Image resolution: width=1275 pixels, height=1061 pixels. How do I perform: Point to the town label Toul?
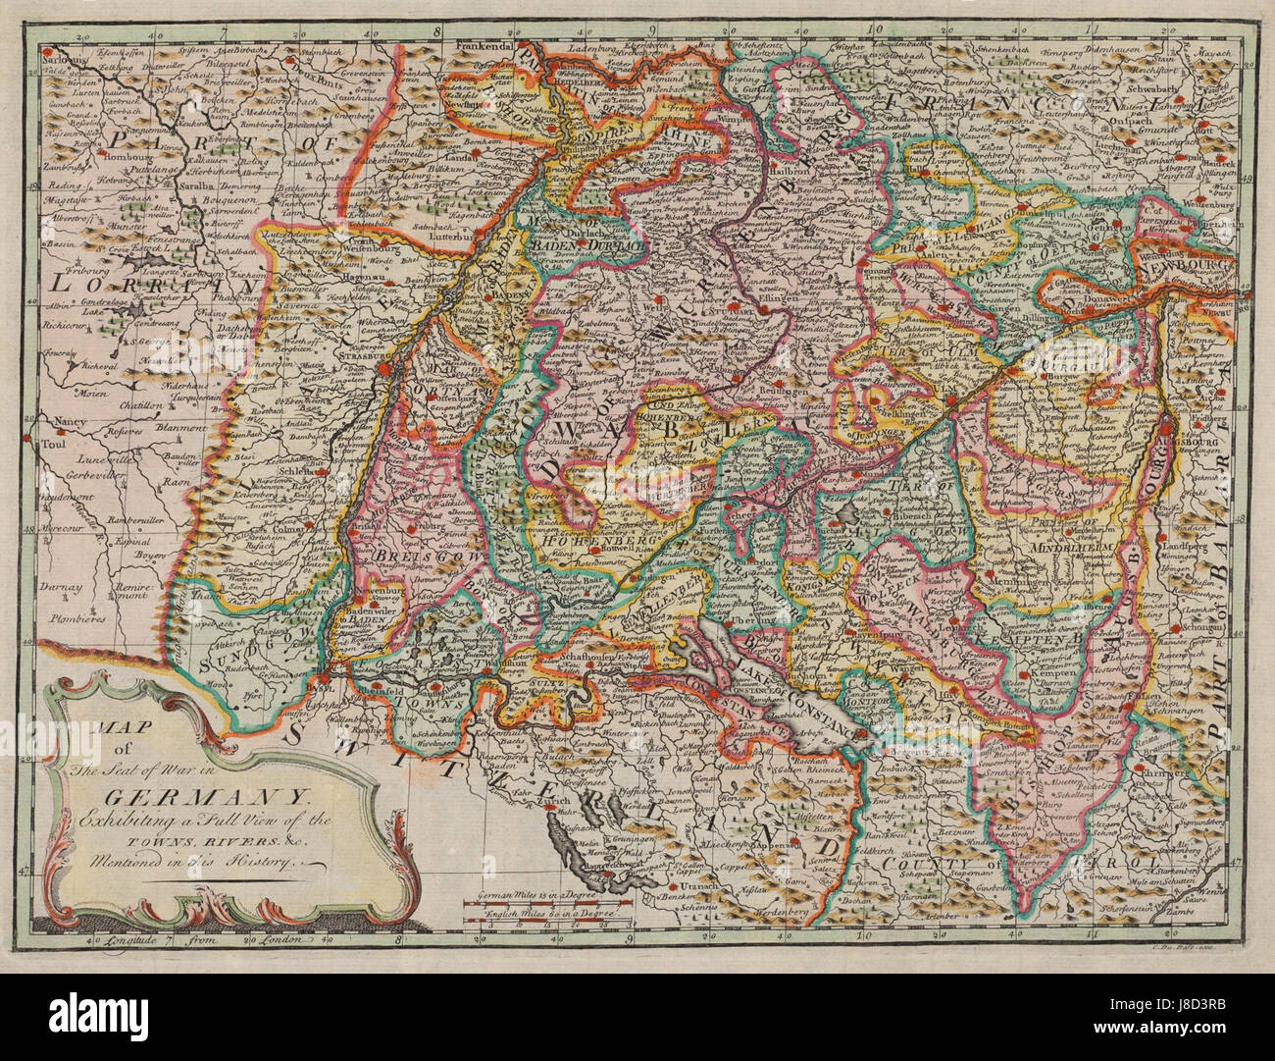click(45, 443)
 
